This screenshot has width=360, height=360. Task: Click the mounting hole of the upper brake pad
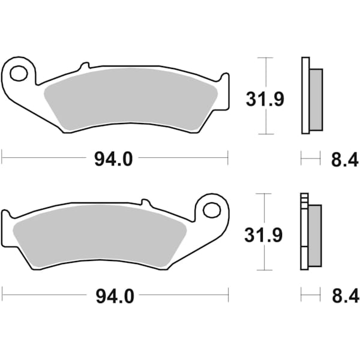(x=18, y=73)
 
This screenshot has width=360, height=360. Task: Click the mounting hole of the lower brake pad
(x=211, y=210)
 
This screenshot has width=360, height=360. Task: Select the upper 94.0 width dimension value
(x=113, y=159)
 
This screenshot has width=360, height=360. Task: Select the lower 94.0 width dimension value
(x=113, y=295)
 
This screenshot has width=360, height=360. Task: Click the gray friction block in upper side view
(x=316, y=100)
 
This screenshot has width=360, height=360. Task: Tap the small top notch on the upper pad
(x=85, y=64)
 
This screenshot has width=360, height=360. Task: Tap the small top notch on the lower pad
(x=144, y=201)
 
